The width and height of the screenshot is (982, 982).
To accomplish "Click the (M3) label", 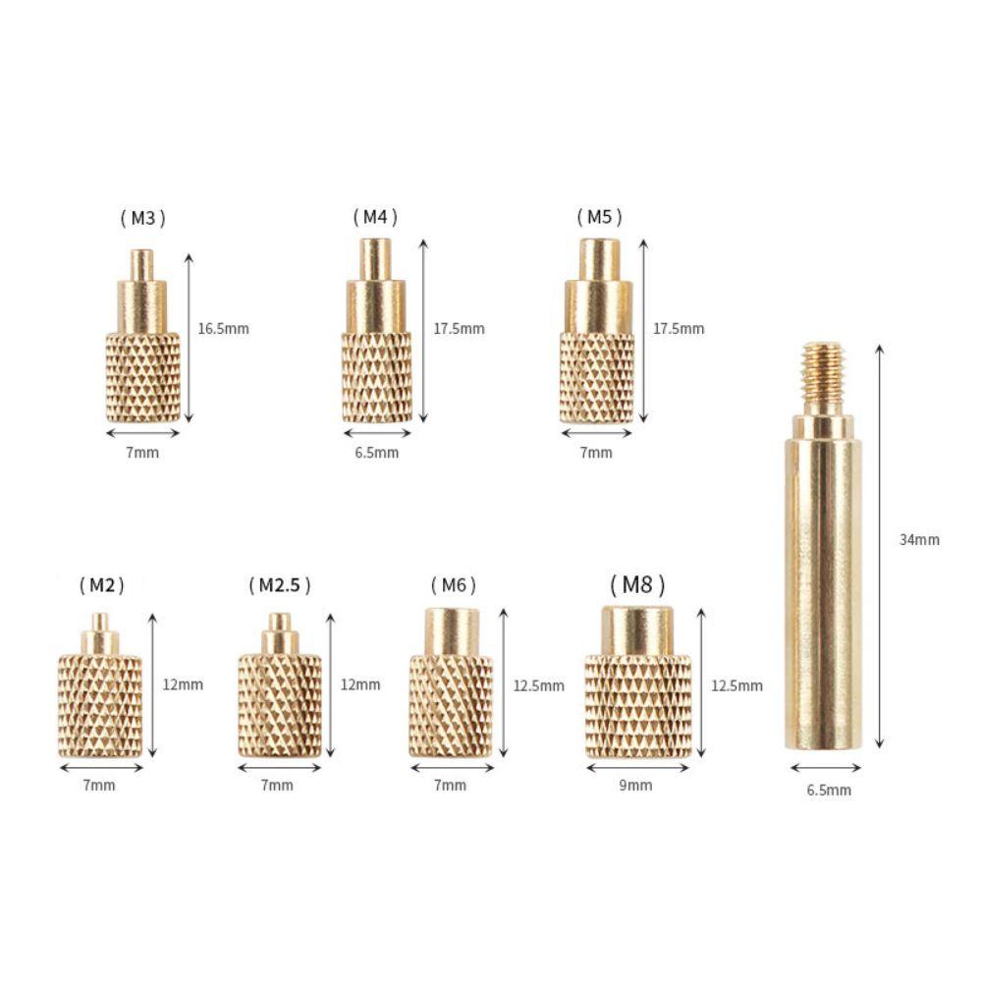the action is [142, 218].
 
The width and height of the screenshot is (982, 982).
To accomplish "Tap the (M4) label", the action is [375, 217].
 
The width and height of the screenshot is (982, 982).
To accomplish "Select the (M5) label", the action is [599, 217].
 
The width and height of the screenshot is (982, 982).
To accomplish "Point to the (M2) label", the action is [102, 585].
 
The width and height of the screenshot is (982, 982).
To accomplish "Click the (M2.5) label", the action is [279, 585].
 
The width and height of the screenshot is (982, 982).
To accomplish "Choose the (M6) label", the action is [454, 585].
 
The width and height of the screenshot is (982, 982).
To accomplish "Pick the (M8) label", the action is [637, 584].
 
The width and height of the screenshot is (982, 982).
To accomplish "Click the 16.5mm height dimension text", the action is [224, 329].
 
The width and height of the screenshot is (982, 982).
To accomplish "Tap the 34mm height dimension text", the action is [919, 539].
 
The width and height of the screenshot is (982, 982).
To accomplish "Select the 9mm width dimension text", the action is [635, 785].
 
